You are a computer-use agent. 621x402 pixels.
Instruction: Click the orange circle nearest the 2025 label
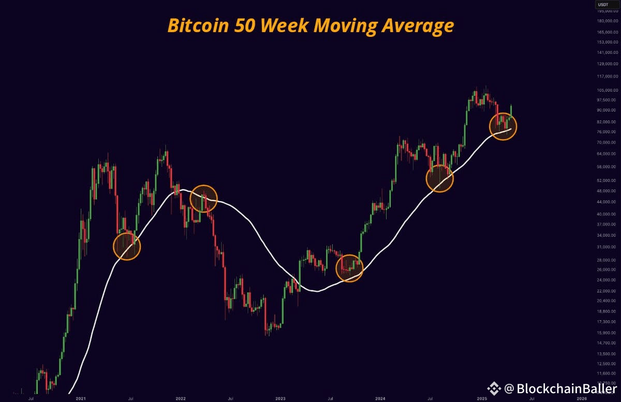(503, 126)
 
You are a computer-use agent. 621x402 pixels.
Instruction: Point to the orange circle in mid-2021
(127, 246)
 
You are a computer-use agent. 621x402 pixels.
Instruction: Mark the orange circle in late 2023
(350, 267)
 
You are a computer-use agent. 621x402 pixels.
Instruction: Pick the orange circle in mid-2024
(439, 178)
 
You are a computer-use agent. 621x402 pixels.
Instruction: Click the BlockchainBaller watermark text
(561, 389)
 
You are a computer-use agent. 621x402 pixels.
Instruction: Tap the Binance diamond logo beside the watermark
(495, 389)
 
